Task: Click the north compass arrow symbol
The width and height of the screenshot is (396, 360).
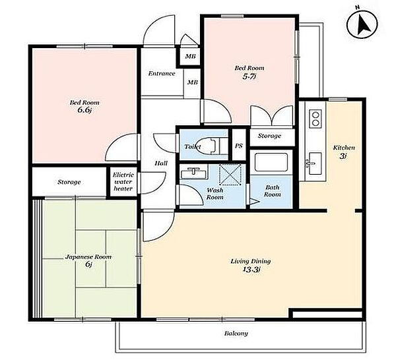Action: [362, 24]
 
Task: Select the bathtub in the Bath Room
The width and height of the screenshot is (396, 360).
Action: [271, 162]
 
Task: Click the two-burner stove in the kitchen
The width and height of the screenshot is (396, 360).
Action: [315, 118]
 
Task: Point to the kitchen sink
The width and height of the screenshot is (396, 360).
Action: [314, 164]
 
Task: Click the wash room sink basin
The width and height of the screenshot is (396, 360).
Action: [193, 172]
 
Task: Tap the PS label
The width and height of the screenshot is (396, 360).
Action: [239, 146]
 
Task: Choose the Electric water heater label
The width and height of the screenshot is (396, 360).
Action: [123, 181]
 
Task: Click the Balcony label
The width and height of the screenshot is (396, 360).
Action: [236, 334]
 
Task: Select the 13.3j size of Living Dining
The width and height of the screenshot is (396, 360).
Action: [251, 270]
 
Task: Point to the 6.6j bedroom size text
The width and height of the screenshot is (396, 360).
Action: [84, 110]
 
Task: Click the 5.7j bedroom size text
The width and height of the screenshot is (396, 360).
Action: [249, 76]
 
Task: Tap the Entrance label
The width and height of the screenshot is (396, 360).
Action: [162, 74]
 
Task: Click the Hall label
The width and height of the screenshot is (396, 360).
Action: [161, 164]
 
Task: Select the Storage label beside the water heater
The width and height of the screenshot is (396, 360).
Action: [69, 182]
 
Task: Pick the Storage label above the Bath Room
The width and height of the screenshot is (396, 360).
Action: [269, 136]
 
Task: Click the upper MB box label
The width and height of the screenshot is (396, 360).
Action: [191, 57]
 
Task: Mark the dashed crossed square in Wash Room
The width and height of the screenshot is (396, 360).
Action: [230, 174]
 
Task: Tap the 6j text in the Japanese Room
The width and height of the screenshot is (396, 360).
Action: [88, 264]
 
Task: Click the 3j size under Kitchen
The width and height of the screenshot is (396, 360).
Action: [342, 156]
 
